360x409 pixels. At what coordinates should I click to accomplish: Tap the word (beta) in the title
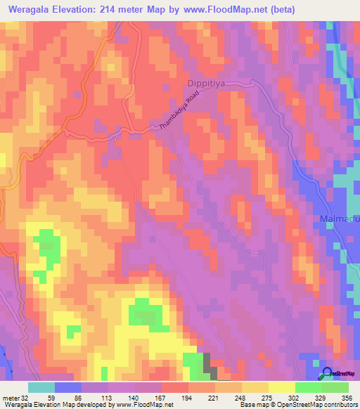click(x=281, y=9)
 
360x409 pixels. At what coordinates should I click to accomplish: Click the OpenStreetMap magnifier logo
click(x=328, y=374)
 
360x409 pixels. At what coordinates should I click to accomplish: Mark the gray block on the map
click(x=209, y=363)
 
